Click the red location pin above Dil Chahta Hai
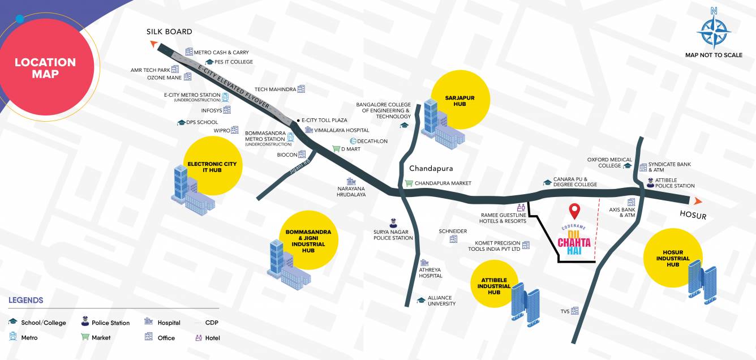(575, 211)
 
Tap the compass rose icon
(714, 29)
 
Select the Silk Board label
(169, 32)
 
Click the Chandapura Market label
(443, 183)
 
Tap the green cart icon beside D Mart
(336, 149)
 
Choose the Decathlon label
(372, 141)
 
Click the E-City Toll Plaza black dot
(298, 120)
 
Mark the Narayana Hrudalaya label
(351, 191)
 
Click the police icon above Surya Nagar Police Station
(393, 223)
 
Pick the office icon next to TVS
(575, 311)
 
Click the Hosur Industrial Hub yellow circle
(672, 258)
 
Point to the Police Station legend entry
(110, 323)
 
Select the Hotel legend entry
(213, 338)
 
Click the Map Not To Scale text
(714, 55)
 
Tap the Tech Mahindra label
(275, 89)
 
